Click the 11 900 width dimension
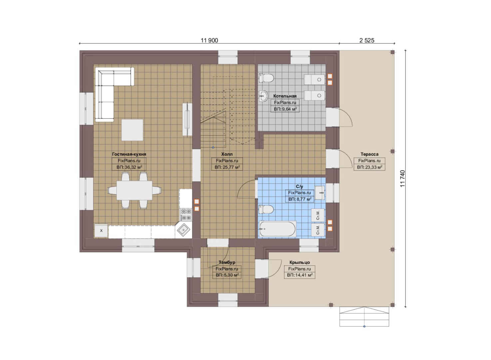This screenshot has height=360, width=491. (x=209, y=40)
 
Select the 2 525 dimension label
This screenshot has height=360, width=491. (x=367, y=40)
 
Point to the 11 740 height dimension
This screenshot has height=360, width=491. (x=402, y=179)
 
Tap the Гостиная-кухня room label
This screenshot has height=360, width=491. (x=129, y=154)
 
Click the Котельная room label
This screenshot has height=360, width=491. (x=285, y=96)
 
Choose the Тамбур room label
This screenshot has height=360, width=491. (x=227, y=262)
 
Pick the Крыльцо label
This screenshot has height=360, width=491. (x=299, y=262)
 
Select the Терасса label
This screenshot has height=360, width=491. (x=369, y=154)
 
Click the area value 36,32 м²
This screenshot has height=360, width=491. (x=129, y=167)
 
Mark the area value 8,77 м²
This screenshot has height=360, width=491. (x=300, y=199)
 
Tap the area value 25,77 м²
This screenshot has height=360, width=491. (x=227, y=167)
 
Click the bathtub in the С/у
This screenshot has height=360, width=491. (x=277, y=229)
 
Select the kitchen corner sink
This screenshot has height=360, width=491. (x=183, y=230)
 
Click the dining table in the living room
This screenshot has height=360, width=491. (x=134, y=190)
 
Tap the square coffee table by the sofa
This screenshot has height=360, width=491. (x=132, y=130)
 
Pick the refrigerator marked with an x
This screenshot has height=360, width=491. (x=101, y=231)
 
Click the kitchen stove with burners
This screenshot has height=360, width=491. (x=186, y=214)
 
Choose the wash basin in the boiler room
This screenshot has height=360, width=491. (x=264, y=96)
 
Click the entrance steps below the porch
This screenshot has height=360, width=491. (x=364, y=317)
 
